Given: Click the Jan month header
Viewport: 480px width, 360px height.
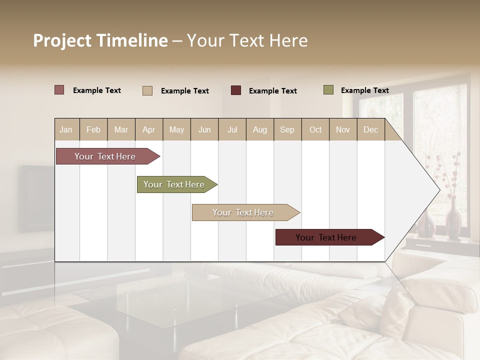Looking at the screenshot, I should tap(66, 129).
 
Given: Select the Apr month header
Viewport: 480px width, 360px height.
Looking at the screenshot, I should tap(148, 129).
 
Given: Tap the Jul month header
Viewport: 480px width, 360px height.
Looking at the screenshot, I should tap(232, 129).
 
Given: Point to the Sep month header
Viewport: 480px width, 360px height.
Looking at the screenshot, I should tap(287, 129).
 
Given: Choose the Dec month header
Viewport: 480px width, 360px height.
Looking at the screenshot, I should tap(370, 129).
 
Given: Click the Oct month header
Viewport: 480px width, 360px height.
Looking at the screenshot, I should tap(315, 129).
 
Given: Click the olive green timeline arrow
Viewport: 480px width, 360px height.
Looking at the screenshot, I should tap(175, 184).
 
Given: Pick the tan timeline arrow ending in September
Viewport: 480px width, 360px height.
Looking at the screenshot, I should tap(244, 212).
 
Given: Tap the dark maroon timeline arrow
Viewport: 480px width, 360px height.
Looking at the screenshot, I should tap(327, 237).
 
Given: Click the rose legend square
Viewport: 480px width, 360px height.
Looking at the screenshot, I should tap(59, 90).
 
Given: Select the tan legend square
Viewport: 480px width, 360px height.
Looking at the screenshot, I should tap(147, 90).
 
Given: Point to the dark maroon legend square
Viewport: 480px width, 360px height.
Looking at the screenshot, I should tap(236, 90).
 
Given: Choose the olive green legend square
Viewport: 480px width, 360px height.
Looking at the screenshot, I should tap(328, 90).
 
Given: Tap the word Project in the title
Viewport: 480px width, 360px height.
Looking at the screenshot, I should tap(62, 40).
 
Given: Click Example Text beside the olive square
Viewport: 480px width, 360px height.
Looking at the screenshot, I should tap(364, 90).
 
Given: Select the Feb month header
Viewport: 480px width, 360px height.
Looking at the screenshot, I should tap(93, 129).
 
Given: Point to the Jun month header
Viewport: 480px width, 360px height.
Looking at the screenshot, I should tap(204, 129).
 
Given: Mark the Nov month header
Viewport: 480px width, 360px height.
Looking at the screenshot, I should tap(343, 129).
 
